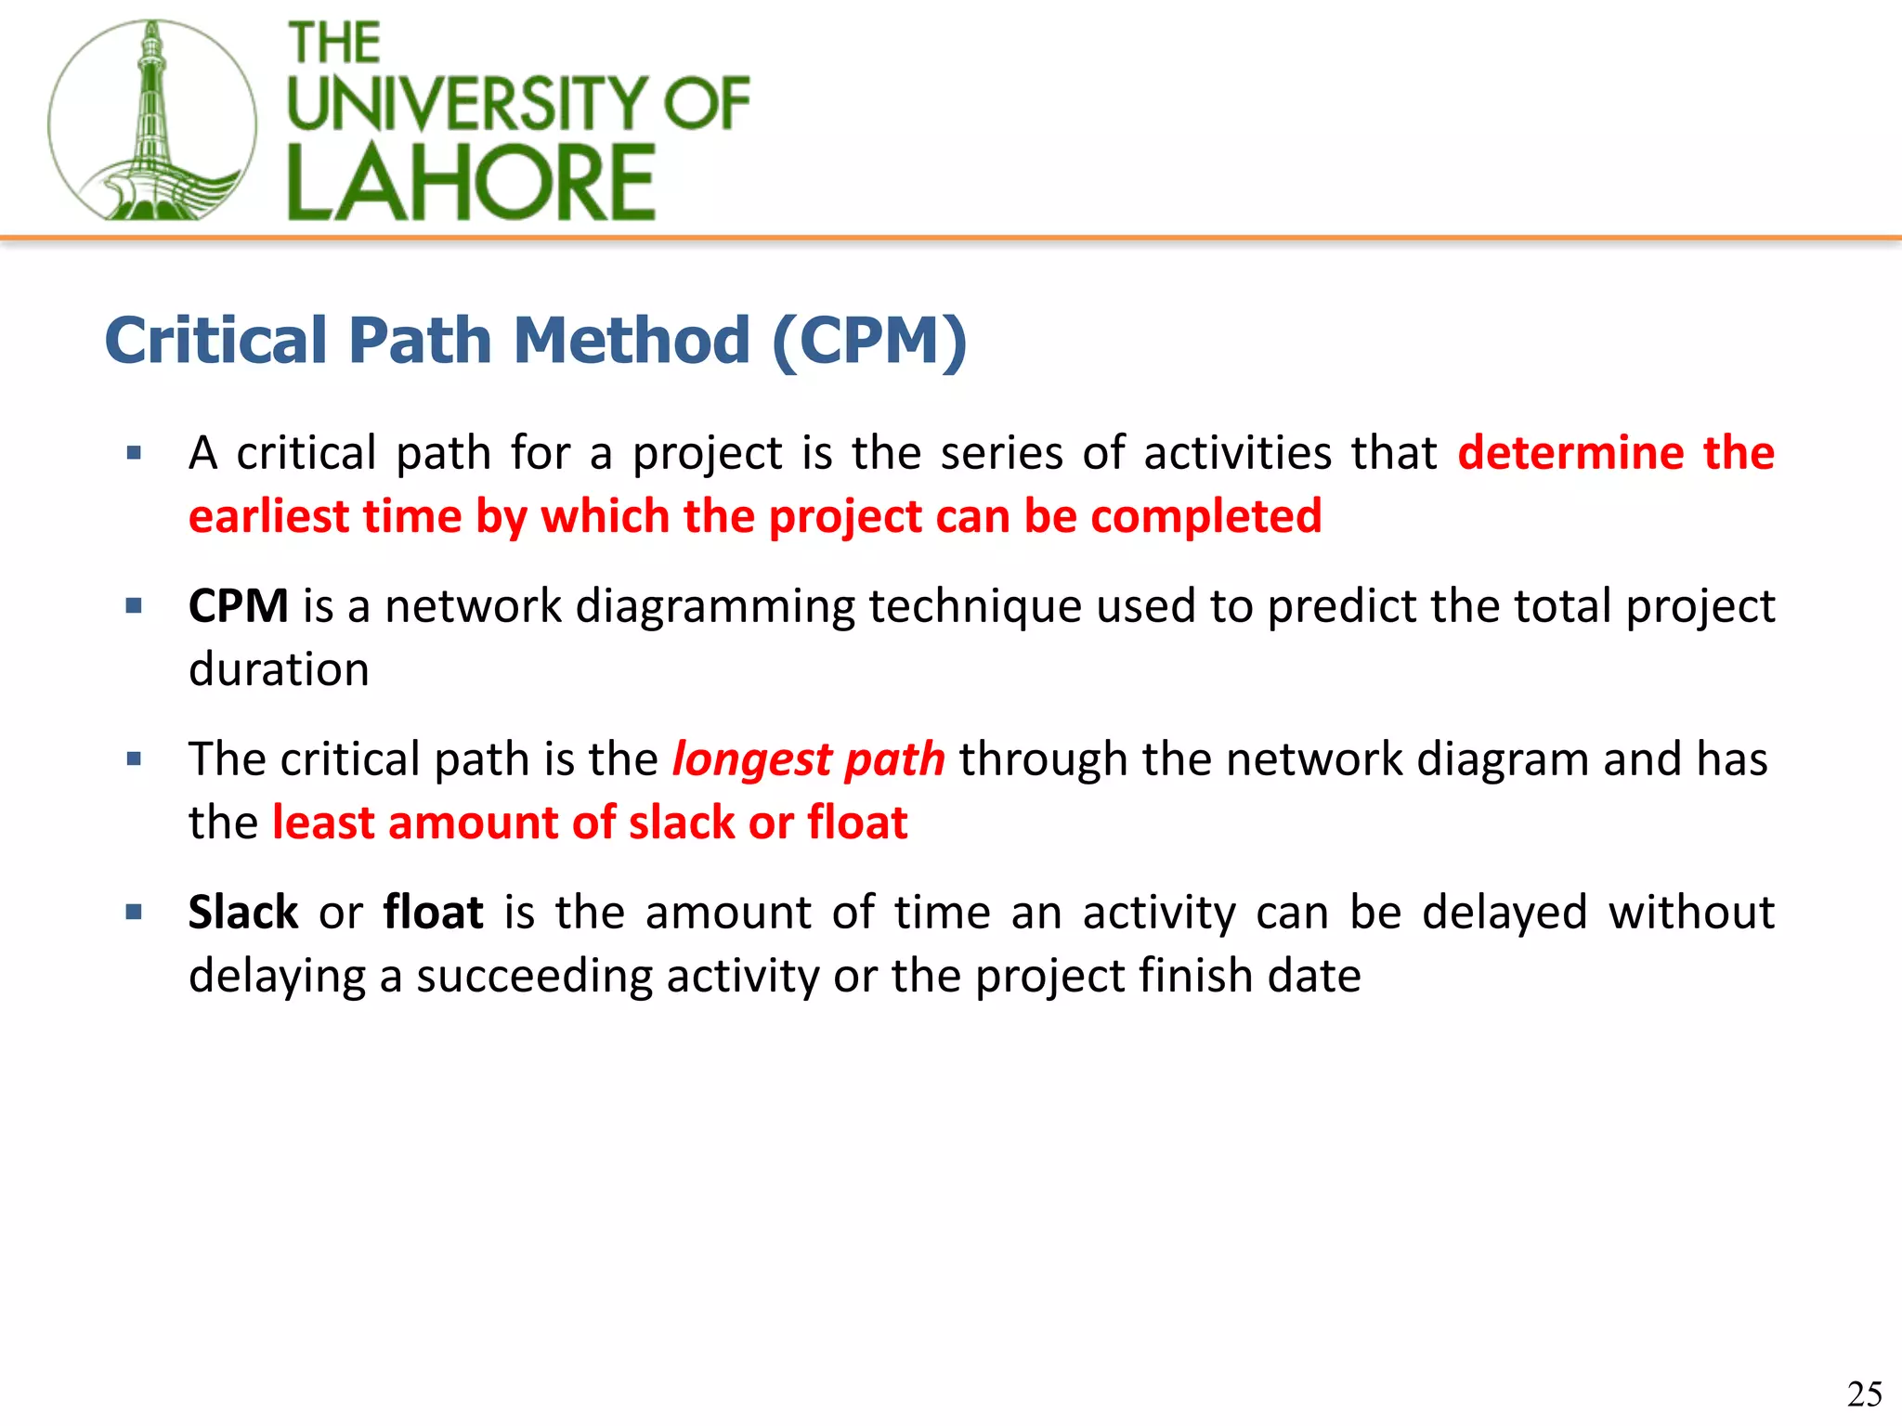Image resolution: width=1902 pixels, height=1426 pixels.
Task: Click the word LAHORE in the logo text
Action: coord(471,183)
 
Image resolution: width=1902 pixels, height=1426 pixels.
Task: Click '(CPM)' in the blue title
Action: coord(869,341)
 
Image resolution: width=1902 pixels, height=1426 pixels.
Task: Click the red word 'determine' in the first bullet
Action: coord(1570,453)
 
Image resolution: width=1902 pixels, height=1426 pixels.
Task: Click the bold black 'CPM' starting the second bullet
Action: coord(238,606)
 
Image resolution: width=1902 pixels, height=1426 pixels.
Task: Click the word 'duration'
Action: coord(279,669)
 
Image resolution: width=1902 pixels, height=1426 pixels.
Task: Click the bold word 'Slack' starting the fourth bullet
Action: coord(242,913)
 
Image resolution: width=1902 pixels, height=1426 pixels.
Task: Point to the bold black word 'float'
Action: coord(433,913)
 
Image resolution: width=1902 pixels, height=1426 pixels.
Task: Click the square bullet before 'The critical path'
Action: coord(135,759)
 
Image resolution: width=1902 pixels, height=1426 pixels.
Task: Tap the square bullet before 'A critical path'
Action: coord(135,453)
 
